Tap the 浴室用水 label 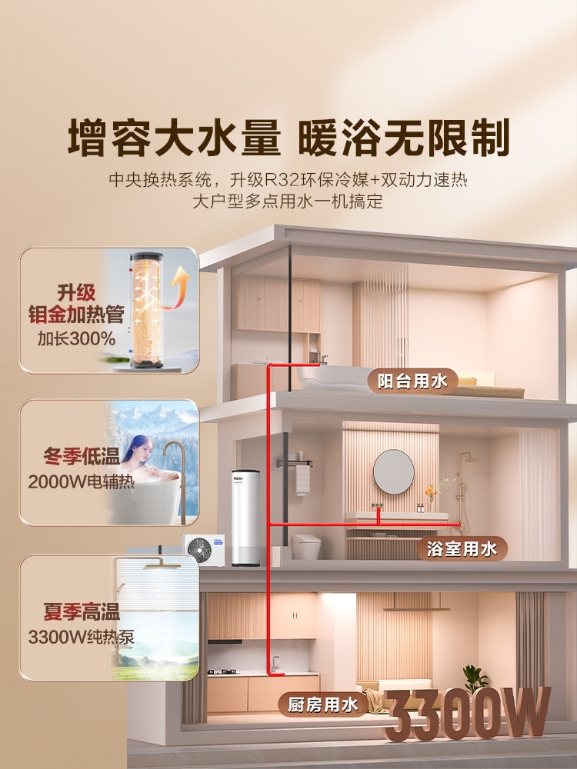click(462, 548)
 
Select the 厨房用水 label click(324, 704)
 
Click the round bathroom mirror click(394, 471)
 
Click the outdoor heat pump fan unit click(202, 549)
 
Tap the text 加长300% click(76, 338)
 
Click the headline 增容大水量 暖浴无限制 click(288, 139)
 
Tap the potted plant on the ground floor click(475, 680)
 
